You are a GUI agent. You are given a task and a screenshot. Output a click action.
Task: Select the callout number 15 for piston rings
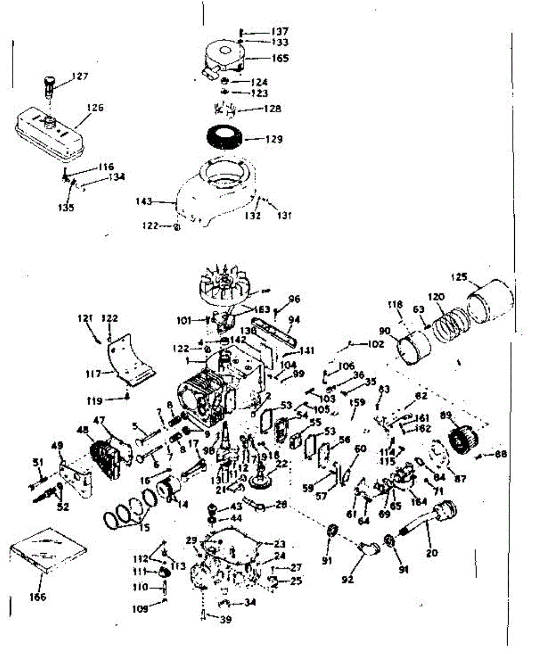(130, 528)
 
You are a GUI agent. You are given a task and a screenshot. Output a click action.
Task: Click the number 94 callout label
(294, 319)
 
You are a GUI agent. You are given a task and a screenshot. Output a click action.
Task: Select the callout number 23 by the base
(280, 543)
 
